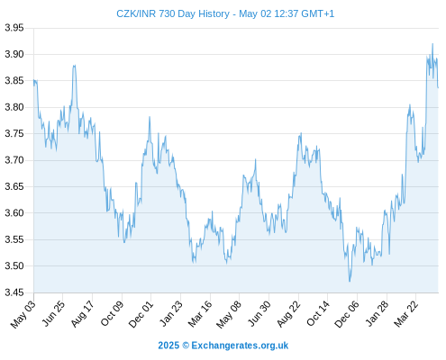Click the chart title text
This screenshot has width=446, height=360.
225,13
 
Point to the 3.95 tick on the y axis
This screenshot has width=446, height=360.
14,28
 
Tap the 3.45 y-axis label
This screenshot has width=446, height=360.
14,292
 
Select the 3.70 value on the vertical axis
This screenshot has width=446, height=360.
14,160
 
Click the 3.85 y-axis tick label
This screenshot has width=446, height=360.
14,81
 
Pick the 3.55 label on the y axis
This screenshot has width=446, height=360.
14,239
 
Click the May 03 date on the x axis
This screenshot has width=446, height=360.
23,314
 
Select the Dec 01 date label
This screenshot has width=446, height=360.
141,314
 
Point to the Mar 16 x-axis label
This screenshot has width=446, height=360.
200,314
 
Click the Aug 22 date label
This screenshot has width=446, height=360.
288,314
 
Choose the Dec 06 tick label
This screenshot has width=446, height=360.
347,314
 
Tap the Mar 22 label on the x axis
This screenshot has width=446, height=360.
406,314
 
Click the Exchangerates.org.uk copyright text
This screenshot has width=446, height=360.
223,346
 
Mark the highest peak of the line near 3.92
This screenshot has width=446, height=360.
432,44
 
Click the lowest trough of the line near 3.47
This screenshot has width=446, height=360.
350,281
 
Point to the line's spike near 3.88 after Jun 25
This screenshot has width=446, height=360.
74,66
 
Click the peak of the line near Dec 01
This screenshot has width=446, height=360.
150,117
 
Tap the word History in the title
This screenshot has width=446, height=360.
214,13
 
